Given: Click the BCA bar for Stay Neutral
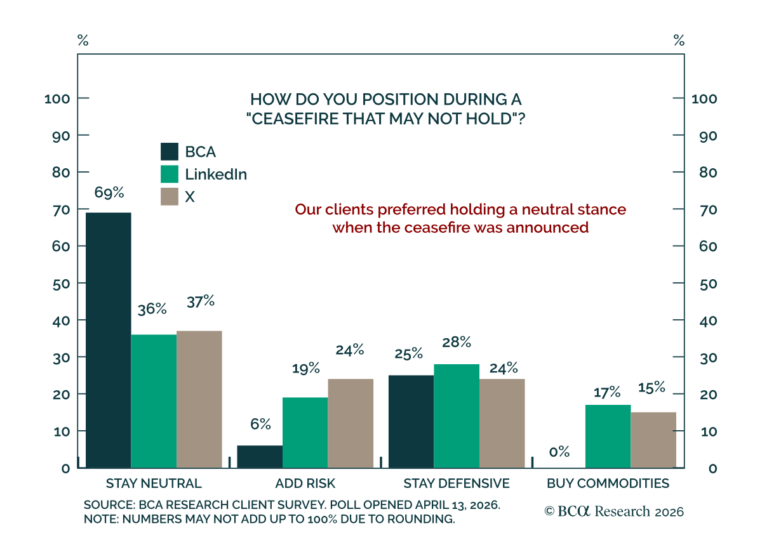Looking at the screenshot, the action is point(108,340).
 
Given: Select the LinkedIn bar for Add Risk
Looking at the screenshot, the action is point(305,433).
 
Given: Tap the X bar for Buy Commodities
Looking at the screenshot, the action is point(653,440).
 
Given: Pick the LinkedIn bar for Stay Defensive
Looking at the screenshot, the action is point(457,416).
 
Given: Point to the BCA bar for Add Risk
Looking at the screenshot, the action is point(260,457).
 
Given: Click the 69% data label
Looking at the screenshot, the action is point(109,192).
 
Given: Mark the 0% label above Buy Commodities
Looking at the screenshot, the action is point(559,452).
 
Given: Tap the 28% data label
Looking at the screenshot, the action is point(457,342).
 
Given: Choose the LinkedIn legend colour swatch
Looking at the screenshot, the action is point(170,174).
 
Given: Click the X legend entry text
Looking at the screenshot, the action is point(190,197).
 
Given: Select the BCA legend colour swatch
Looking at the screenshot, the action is point(170,152).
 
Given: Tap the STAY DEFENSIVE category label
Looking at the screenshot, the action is point(457,484).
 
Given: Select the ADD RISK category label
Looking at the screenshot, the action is point(305,484).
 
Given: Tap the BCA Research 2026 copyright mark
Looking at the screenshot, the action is point(614,511).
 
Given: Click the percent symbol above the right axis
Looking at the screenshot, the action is point(679,41).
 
